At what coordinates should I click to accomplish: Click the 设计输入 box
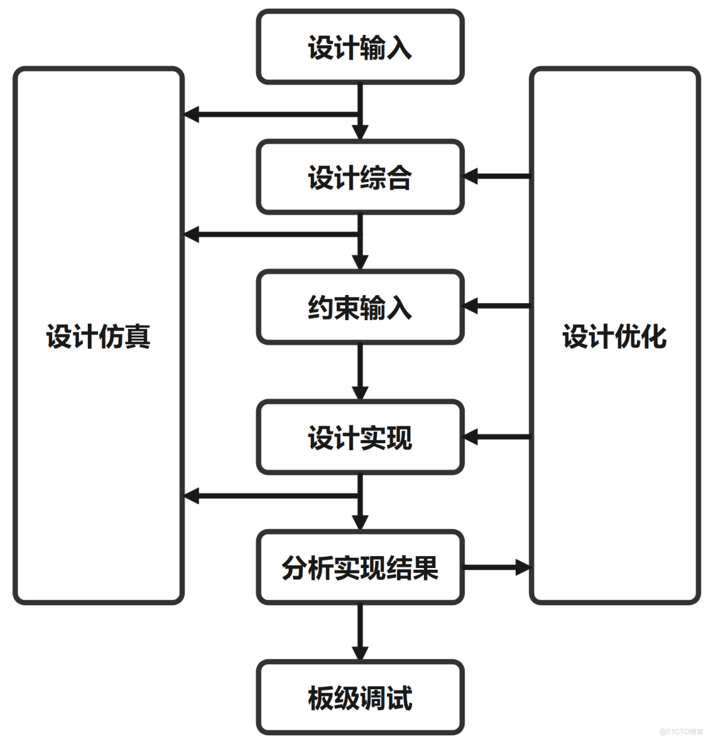[360, 47]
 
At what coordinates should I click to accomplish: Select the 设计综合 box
[360, 177]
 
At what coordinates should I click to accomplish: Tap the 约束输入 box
[360, 308]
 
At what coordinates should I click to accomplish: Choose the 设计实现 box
[360, 438]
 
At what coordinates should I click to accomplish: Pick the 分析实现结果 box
[360, 568]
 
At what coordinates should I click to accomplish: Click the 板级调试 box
[360, 698]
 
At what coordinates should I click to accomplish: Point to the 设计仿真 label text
[98, 336]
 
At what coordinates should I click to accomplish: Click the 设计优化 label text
[614, 336]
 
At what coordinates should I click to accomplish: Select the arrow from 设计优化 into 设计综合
[496, 176]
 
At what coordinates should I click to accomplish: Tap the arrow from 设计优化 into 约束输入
[496, 306]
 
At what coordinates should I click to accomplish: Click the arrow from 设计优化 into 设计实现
[496, 437]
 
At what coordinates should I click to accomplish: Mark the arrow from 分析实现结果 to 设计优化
[496, 567]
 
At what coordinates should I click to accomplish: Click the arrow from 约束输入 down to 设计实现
[360, 371]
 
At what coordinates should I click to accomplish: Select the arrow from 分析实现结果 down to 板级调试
[360, 632]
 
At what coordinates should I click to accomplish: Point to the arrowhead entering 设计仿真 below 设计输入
[191, 113]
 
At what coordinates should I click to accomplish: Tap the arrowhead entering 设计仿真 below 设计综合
[191, 234]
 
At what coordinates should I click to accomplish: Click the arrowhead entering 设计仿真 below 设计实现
[191, 495]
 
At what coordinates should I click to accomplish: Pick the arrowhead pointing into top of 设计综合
[360, 132]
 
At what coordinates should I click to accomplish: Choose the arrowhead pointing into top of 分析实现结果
[360, 522]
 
